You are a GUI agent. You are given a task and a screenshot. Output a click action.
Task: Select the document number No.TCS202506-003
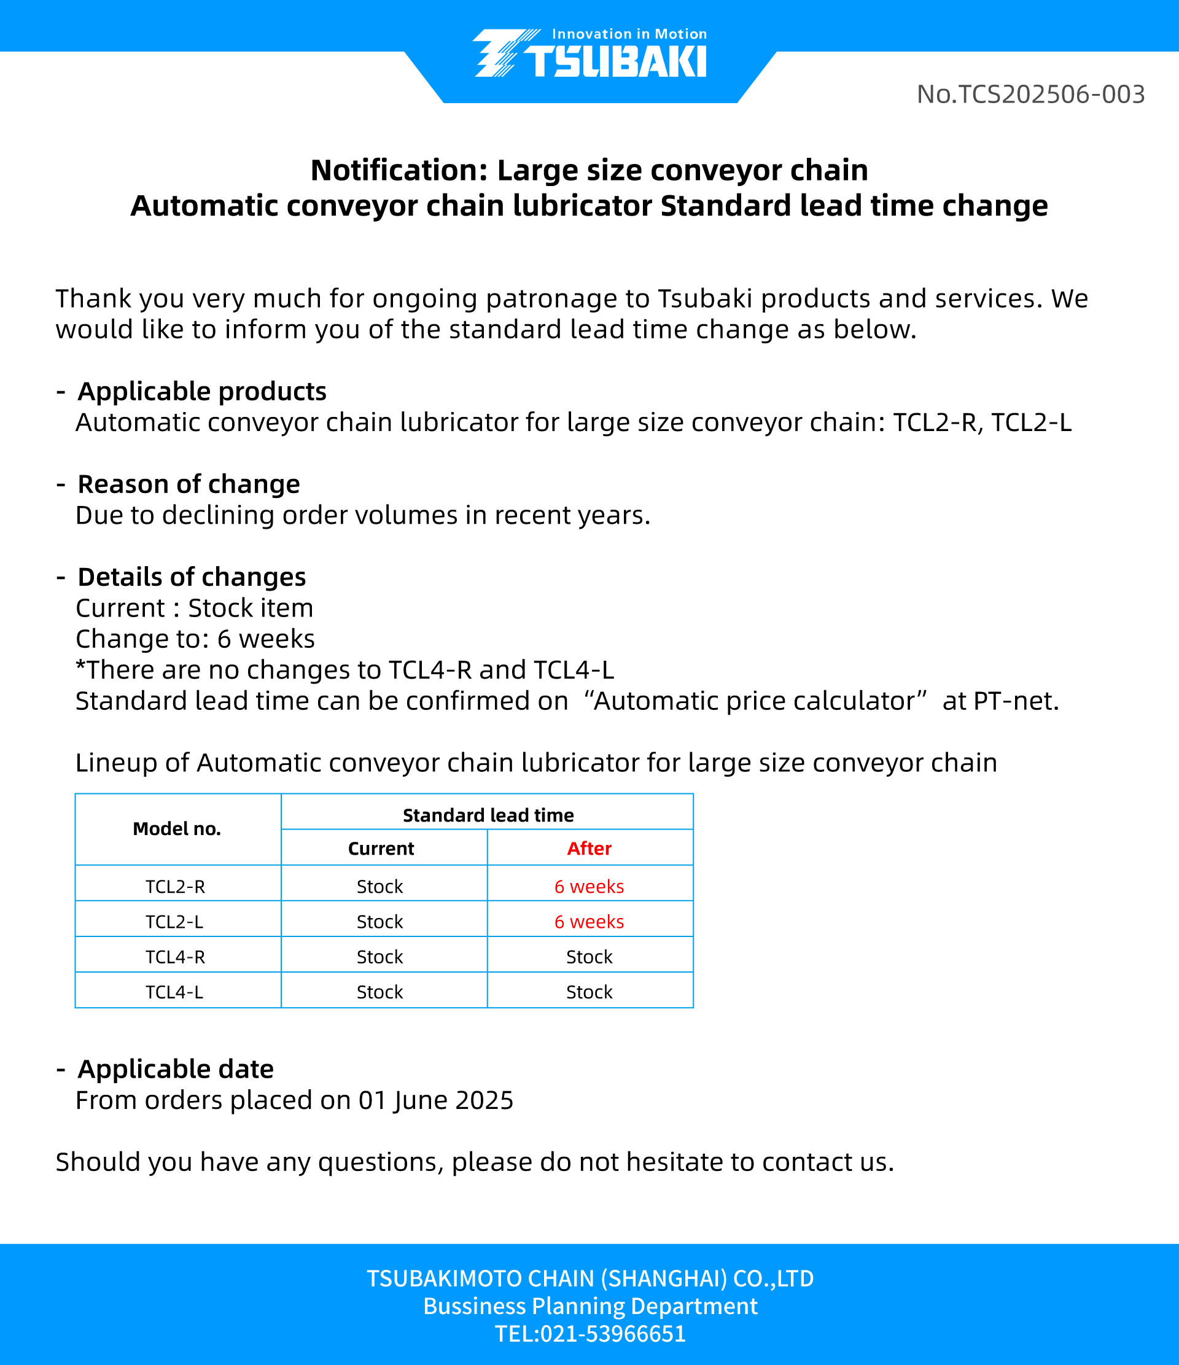pos(1030,94)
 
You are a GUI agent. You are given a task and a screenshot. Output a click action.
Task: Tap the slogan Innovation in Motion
pos(629,34)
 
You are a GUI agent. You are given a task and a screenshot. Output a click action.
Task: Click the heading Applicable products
pos(201,391)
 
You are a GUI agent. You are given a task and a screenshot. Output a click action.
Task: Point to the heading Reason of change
pos(189,484)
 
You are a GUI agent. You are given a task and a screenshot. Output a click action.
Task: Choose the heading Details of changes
pos(192,577)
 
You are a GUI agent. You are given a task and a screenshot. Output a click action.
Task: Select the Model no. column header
pos(176,829)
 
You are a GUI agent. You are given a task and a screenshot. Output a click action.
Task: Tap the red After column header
pos(589,849)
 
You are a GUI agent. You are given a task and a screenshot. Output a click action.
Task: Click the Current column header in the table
pos(381,849)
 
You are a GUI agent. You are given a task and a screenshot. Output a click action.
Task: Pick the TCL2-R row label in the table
pos(175,887)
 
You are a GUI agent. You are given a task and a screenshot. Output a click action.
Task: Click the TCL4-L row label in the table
pos(174,992)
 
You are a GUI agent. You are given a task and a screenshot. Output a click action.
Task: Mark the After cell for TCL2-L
pos(589,922)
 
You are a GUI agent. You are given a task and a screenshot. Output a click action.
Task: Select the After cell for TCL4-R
pos(589,957)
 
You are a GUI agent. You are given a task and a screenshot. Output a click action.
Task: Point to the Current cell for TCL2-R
pos(380,887)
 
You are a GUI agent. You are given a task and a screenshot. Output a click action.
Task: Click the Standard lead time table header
pos(488,815)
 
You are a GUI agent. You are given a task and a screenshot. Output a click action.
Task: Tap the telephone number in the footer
pos(590,1334)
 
